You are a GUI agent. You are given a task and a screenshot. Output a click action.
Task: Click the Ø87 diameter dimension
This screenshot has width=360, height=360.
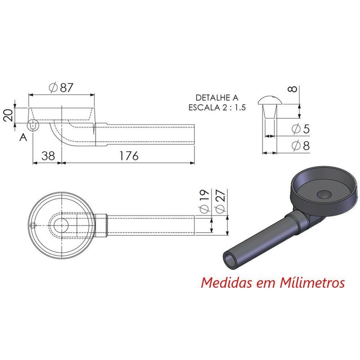[62, 88]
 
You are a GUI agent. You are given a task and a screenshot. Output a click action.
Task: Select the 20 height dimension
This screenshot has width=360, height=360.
[8, 116]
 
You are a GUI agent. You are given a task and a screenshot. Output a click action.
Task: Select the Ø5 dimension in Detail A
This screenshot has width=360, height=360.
[301, 129]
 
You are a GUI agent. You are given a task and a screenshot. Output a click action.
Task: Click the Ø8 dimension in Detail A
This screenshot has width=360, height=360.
[301, 146]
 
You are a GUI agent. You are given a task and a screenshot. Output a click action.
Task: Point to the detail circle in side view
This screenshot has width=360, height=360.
[33, 125]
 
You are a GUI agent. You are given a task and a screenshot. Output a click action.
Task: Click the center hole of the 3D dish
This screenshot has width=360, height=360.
[324, 194]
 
